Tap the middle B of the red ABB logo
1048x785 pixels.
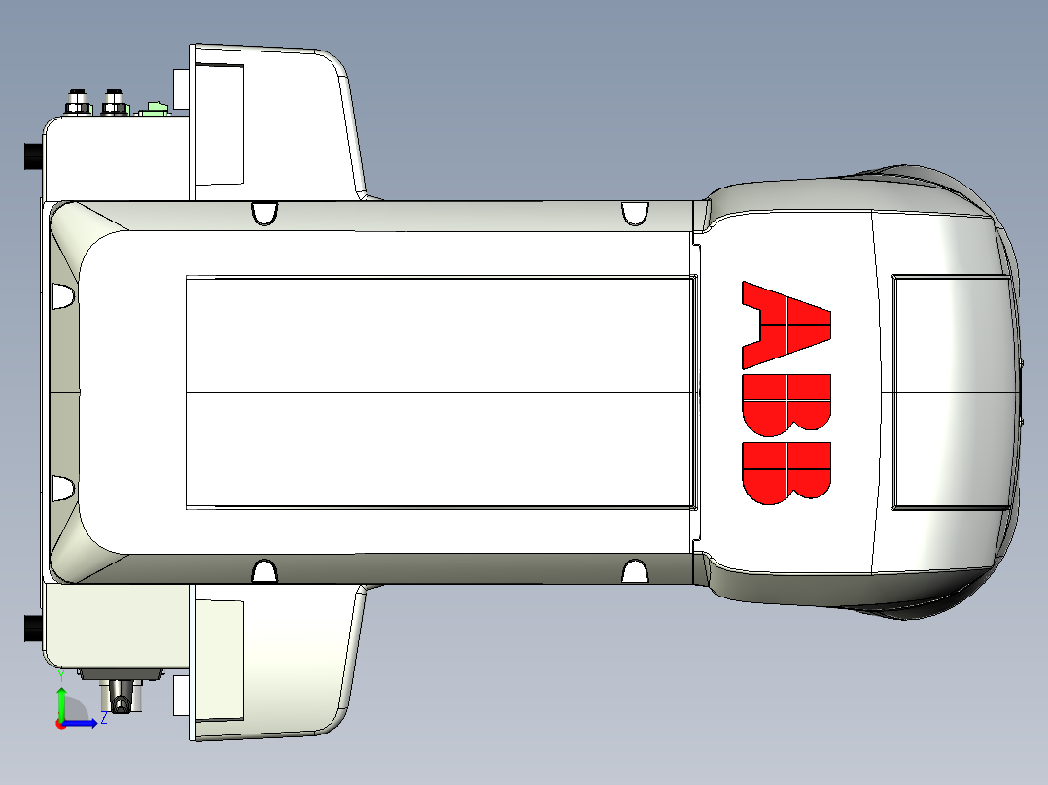tap(786, 402)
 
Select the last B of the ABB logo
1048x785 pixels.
tap(786, 473)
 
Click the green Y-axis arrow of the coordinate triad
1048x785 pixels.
tap(61, 701)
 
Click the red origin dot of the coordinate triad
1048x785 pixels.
tap(61, 723)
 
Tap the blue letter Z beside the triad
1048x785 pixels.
tap(103, 718)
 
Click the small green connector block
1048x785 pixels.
tap(155, 108)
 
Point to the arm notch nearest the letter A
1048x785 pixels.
tap(635, 213)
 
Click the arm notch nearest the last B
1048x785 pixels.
tap(635, 570)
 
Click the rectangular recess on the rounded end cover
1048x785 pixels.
tap(951, 392)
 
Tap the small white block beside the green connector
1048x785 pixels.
tap(181, 88)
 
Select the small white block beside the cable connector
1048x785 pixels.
tap(180, 695)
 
